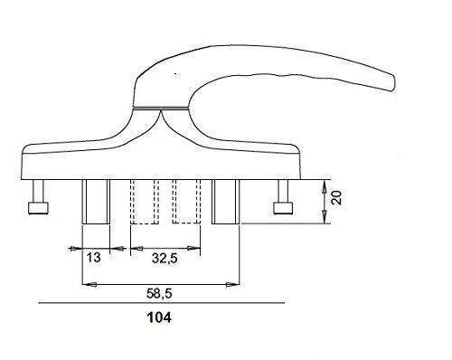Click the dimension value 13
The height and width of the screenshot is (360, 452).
pos(93,258)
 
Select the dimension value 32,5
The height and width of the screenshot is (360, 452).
pos(165,259)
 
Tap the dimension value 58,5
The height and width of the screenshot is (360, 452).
pos(159,293)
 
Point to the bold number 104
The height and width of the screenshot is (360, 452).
pos(159,317)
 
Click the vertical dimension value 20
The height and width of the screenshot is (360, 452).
pos(336,197)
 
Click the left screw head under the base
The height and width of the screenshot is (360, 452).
pos(38,208)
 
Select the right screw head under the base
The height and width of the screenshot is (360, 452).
pos(283,208)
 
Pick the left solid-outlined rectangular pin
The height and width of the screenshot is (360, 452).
pos(96,202)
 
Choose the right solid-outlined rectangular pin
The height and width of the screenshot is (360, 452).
pos(226,202)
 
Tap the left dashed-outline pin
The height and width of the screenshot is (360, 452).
pos(145,202)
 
